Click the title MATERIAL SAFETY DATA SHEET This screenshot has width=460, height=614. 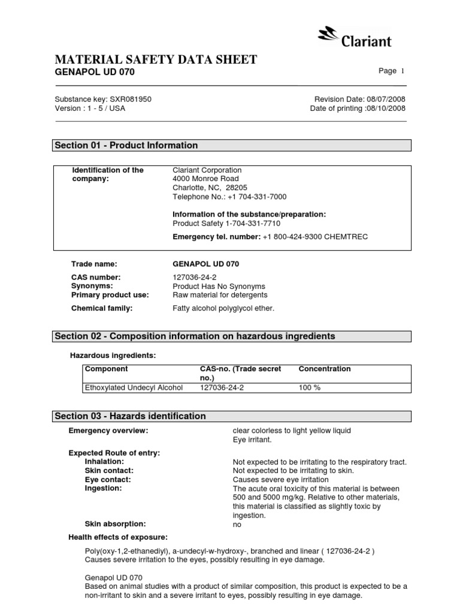(156, 59)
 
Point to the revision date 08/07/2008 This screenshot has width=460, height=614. (386, 99)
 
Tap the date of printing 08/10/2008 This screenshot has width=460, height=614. (386, 109)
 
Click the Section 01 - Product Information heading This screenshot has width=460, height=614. (126, 146)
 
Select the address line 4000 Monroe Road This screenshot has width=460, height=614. (205, 179)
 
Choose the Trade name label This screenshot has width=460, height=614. (94, 264)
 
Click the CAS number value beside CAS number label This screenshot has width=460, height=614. (194, 277)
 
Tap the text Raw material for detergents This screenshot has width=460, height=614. (220, 295)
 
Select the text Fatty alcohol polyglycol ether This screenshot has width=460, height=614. (223, 308)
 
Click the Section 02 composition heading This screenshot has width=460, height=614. (195, 336)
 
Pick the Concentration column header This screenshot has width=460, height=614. (325, 369)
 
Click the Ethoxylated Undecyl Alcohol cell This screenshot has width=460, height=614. (134, 387)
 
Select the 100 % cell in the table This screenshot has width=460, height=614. (310, 387)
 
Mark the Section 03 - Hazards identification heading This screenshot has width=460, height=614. (130, 416)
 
